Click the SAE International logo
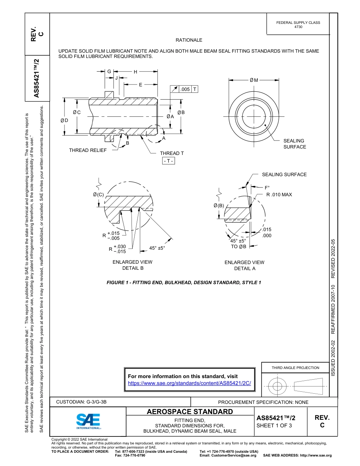coord(88,421)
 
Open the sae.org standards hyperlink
coord(189,383)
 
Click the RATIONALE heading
coord(189,40)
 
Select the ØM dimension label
coord(254,80)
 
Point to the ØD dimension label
coord(64,120)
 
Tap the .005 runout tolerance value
coord(185,89)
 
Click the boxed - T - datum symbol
coord(168,161)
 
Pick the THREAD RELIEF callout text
coord(88,150)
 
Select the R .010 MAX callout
coord(279,195)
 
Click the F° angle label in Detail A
coord(267,188)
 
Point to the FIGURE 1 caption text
coord(184,283)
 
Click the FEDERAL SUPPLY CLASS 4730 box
coord(298,25)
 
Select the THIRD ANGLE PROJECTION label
coord(295,367)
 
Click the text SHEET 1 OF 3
coord(274,425)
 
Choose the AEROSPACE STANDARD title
coord(190,411)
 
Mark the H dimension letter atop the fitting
coord(135,72)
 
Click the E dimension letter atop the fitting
coord(140,85)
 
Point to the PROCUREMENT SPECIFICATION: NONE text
coord(263,402)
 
